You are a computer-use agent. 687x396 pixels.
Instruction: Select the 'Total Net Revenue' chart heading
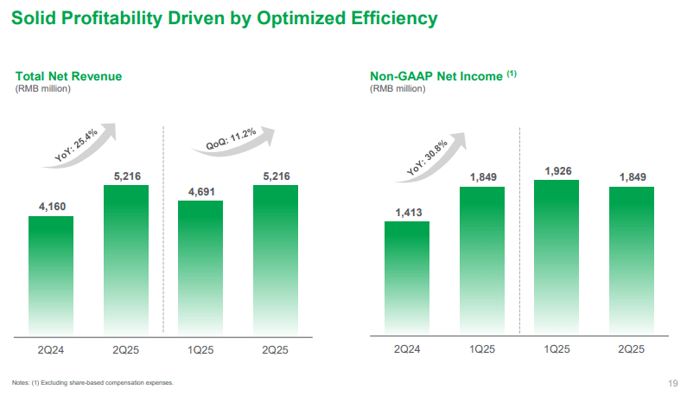pyautogui.click(x=68, y=76)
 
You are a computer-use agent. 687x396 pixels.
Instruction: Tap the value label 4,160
pyautogui.click(x=51, y=207)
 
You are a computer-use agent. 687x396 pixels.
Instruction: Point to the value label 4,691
pyautogui.click(x=200, y=192)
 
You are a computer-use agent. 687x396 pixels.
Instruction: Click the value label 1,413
pyautogui.click(x=406, y=213)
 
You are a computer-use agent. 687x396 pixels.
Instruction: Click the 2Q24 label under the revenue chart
pyautogui.click(x=51, y=349)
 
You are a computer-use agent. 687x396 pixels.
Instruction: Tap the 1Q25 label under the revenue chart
pyautogui.click(x=200, y=349)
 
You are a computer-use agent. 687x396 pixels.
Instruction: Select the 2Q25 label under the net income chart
pyautogui.click(x=631, y=349)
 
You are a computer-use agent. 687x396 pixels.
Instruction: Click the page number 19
pyautogui.click(x=672, y=383)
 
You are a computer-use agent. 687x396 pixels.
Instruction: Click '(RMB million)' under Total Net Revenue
pyautogui.click(x=43, y=89)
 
